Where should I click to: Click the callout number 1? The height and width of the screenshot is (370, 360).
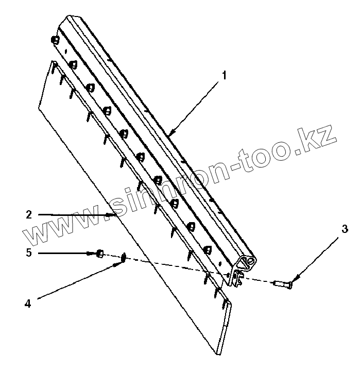point(225,75)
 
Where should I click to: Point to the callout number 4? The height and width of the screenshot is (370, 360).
point(28,304)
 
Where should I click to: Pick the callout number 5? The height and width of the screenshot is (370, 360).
point(29,253)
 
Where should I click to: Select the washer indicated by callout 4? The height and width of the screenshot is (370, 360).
point(124,257)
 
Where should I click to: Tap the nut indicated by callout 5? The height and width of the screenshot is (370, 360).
point(100,254)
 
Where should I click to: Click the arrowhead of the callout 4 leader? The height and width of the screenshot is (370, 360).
point(118,264)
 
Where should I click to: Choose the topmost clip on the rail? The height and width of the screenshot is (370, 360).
point(55,40)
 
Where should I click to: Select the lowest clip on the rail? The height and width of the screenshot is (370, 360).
point(208,249)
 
